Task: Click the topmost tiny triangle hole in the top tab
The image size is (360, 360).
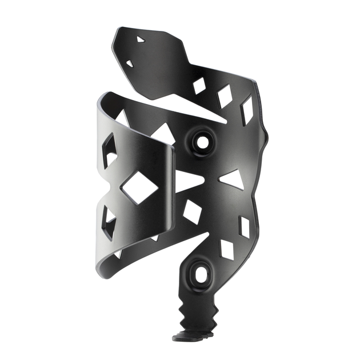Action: [x=141, y=39]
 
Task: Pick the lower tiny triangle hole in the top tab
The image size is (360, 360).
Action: [x=130, y=63]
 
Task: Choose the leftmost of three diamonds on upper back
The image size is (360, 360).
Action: [x=199, y=85]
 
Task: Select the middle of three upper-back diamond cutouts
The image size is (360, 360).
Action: [x=225, y=97]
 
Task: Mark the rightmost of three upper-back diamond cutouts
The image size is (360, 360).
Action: [x=246, y=110]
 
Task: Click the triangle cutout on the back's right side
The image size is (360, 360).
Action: [x=231, y=179]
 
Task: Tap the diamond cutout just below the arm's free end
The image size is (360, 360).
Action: [x=193, y=213]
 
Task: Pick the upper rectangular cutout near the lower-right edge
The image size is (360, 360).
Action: [x=245, y=226]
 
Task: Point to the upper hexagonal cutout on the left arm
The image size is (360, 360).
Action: [x=109, y=150]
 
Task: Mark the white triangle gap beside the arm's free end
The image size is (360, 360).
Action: [x=186, y=181]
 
